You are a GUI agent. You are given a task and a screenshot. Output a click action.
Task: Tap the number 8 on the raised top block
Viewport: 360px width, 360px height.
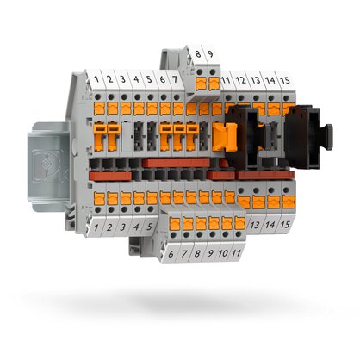point(199,55)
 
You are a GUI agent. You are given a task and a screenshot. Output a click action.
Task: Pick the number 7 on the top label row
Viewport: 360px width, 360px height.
point(175,80)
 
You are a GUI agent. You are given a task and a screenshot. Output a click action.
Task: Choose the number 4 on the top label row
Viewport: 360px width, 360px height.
point(138,80)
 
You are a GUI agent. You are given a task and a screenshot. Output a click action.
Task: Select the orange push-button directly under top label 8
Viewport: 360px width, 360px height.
point(200,84)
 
